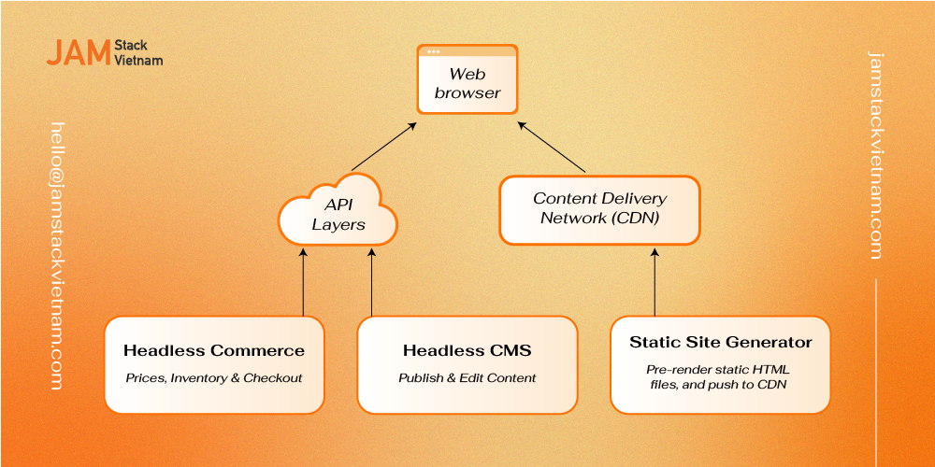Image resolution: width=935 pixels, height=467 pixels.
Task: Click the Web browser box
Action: tap(467, 78)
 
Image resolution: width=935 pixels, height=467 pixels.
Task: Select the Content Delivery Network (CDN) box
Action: tap(598, 209)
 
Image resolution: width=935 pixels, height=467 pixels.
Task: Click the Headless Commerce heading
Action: tap(214, 351)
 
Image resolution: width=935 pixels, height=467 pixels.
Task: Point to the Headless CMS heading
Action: tap(467, 351)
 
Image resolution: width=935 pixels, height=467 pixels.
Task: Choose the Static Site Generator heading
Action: tap(720, 343)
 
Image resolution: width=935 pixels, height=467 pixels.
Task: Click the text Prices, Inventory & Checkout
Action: tap(214, 377)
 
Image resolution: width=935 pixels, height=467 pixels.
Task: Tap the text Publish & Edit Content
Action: tap(467, 377)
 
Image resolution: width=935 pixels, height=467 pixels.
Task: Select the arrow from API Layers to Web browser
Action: tap(383, 148)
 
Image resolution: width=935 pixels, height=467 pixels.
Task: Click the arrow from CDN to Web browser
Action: tap(551, 148)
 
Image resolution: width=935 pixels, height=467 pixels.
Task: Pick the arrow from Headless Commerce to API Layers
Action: tap(303, 282)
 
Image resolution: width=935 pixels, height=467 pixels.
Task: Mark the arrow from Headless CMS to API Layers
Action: tap(371, 282)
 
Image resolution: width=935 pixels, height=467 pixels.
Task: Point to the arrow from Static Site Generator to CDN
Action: tap(654, 282)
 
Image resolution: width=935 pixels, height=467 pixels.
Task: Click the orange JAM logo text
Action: tap(79, 52)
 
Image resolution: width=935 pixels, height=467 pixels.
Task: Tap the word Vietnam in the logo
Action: tap(138, 60)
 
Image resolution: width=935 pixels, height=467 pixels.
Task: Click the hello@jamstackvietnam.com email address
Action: tap(57, 256)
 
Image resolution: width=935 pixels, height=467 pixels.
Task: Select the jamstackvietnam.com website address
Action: tap(875, 155)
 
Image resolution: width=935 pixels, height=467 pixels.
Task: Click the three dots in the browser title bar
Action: tap(434, 51)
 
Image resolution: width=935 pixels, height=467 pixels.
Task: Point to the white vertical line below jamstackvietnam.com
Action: tap(875, 373)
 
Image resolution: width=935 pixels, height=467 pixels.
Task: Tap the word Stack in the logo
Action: tap(131, 46)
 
